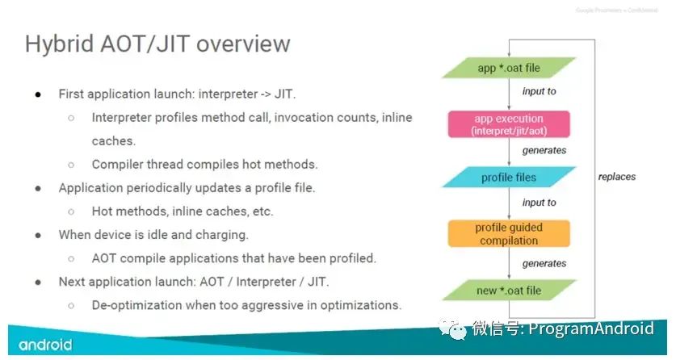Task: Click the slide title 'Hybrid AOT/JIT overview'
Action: (157, 43)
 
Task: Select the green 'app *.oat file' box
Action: (509, 68)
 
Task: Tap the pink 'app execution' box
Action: (509, 124)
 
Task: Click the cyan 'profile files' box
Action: (509, 178)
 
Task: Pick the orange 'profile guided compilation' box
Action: (509, 233)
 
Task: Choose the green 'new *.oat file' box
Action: (509, 290)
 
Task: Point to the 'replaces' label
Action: (617, 177)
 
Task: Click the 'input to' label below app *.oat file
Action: (539, 91)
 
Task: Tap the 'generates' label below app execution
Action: (544, 150)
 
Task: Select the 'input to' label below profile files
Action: (539, 203)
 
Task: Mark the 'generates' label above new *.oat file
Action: (544, 263)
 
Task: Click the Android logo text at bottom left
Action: (45, 345)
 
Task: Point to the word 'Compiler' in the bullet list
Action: (119, 164)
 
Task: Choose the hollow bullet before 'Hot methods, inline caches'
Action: (71, 211)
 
